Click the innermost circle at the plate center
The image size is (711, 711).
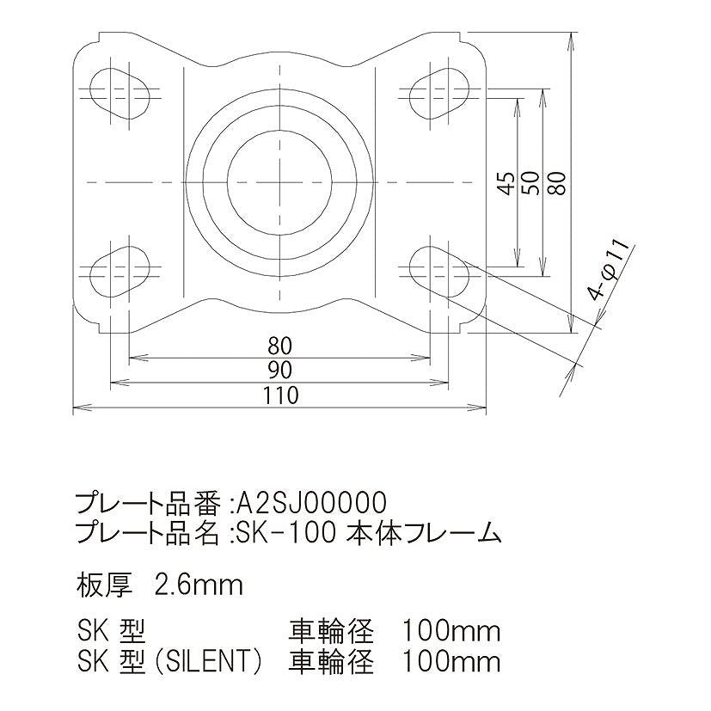[x=280, y=182]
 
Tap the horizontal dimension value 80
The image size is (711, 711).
[x=279, y=346]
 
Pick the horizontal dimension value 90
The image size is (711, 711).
[x=279, y=371]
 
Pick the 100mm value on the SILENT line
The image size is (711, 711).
[x=451, y=662]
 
